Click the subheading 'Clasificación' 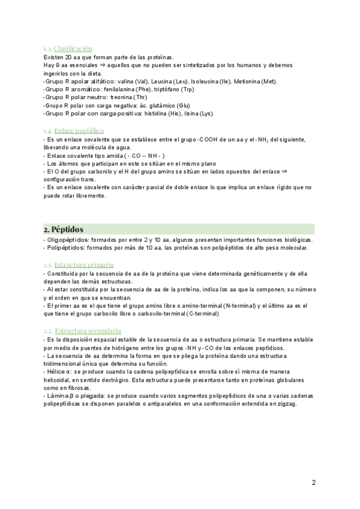point(73,48)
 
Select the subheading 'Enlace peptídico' point(79,130)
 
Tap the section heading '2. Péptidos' point(64,229)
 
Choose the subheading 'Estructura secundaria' point(88,331)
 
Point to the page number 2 point(314,483)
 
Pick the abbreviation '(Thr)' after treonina point(140,97)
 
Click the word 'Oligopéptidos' point(67,240)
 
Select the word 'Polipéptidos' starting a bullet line point(65,248)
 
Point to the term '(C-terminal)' point(206,314)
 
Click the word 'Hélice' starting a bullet point(56,372)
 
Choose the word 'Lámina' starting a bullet point(57,396)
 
